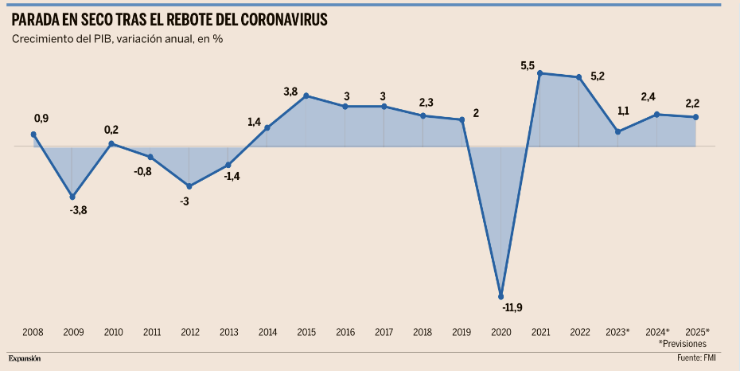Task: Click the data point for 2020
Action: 501,295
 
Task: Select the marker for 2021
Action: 540,73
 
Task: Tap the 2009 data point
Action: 72,197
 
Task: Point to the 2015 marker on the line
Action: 306,96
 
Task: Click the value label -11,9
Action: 512,307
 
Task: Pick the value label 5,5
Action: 528,65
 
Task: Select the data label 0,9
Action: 41,119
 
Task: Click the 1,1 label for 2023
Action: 623,111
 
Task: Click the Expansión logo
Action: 25,359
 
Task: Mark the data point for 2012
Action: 189,186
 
